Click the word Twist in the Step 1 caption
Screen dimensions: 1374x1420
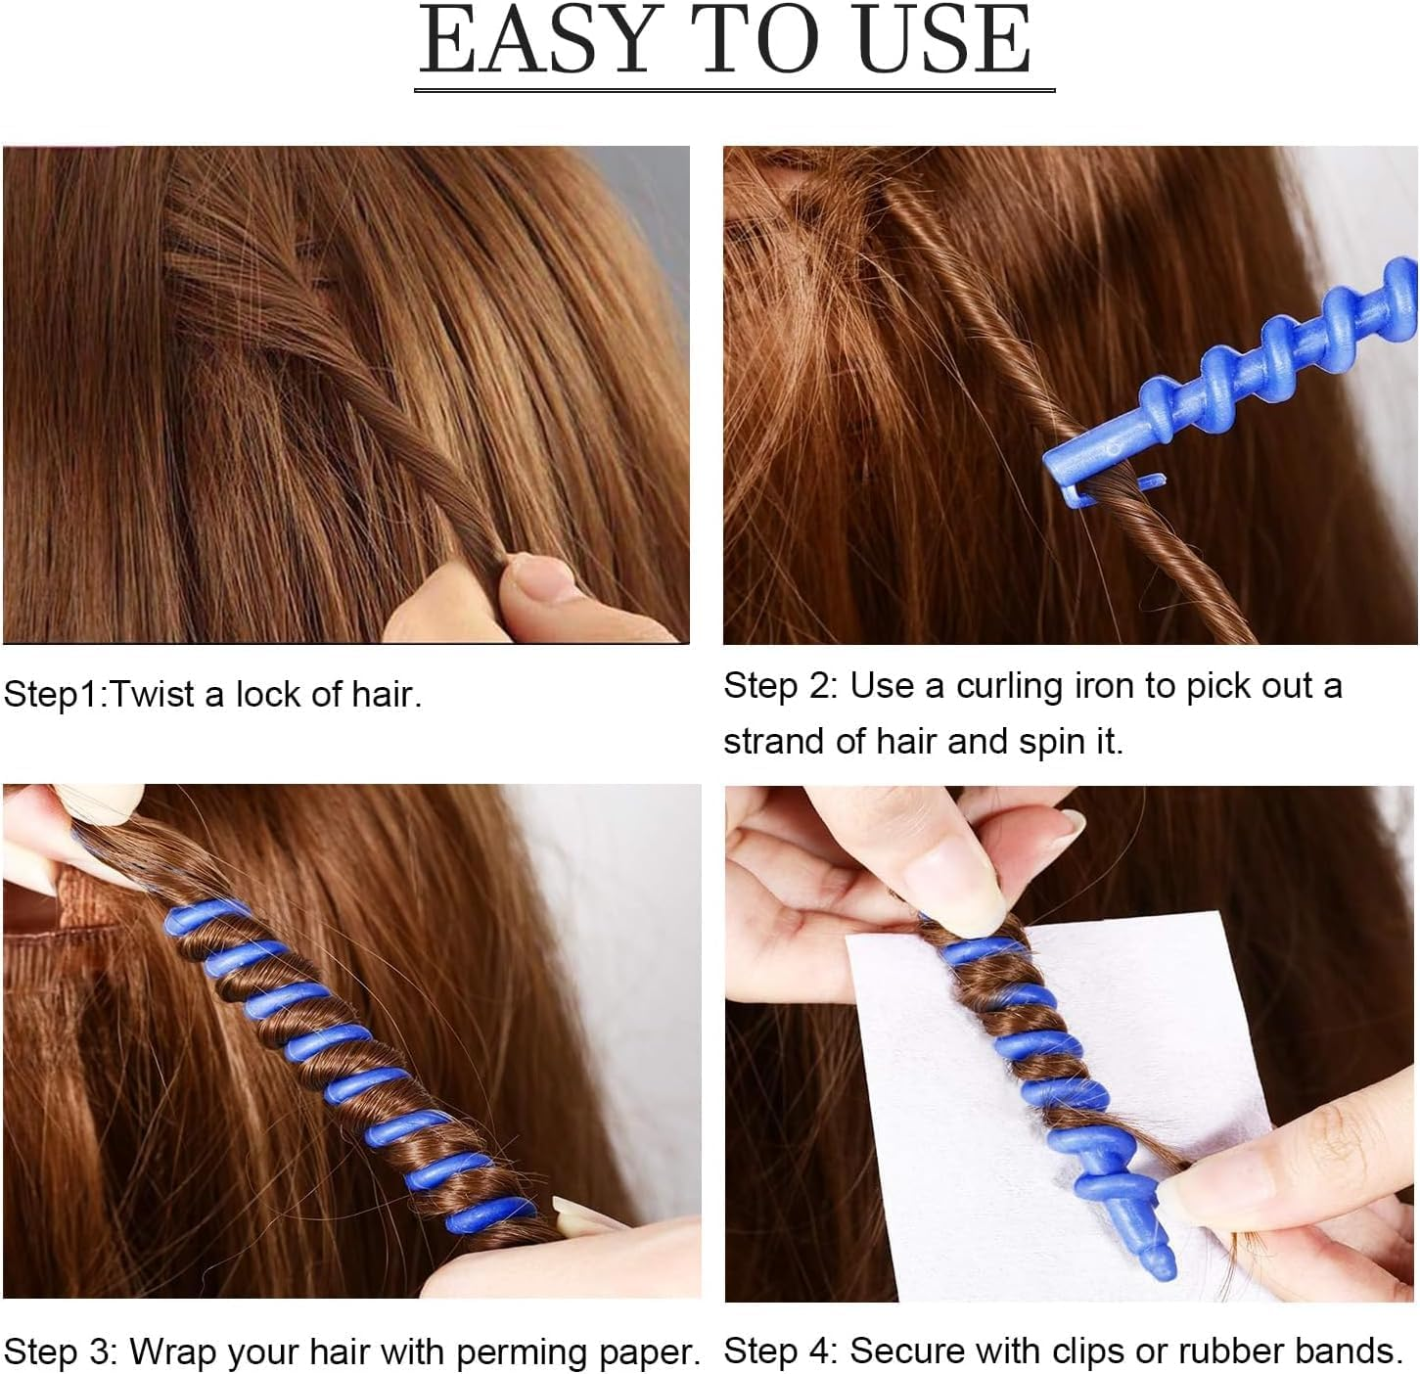click(x=153, y=695)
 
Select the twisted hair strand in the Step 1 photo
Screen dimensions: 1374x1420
click(x=391, y=411)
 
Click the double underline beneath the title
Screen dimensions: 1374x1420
click(x=734, y=89)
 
